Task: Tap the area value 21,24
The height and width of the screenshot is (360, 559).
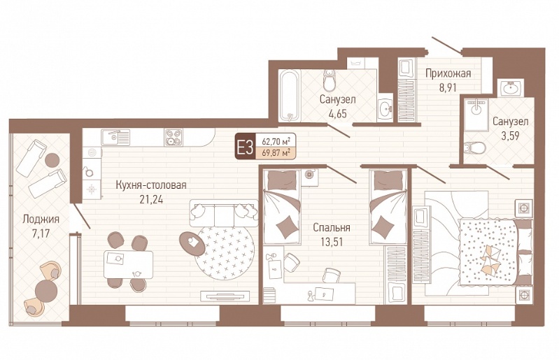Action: coord(151,199)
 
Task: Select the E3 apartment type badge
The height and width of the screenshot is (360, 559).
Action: coord(244,146)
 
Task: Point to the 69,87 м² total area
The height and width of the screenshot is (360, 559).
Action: coord(276,153)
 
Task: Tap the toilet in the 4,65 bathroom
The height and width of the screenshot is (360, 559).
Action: coord(329,80)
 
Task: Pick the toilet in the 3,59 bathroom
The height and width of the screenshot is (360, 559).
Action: coord(475,147)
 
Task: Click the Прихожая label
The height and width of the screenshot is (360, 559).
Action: coord(448,73)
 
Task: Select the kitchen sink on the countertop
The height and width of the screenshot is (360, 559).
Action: coord(115,137)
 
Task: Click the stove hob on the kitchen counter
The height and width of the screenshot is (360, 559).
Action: coord(174,137)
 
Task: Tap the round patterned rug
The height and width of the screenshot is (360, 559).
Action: coord(225,252)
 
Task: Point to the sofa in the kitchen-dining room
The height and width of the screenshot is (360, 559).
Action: coord(223,213)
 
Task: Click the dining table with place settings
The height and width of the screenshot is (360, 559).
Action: coord(128,264)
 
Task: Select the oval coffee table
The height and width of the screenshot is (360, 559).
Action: coord(192,244)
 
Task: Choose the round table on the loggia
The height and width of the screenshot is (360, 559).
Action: coord(46,291)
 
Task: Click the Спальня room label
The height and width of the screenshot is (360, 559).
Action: coord(332,227)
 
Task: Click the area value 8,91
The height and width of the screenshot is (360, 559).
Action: coord(448,87)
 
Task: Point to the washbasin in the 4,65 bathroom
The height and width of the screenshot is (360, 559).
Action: coord(385,108)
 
